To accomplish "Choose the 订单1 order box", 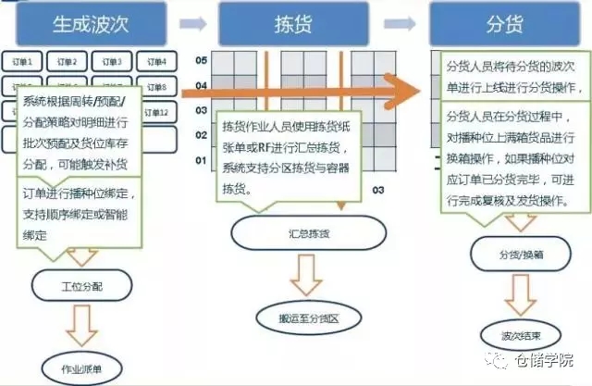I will click(29, 62).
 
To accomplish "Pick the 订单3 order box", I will click(114, 62).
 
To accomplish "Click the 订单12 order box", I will click(157, 112).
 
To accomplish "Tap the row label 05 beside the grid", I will click(201, 61).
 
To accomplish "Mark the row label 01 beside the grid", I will click(201, 160).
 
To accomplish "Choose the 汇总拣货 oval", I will click(289, 231).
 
